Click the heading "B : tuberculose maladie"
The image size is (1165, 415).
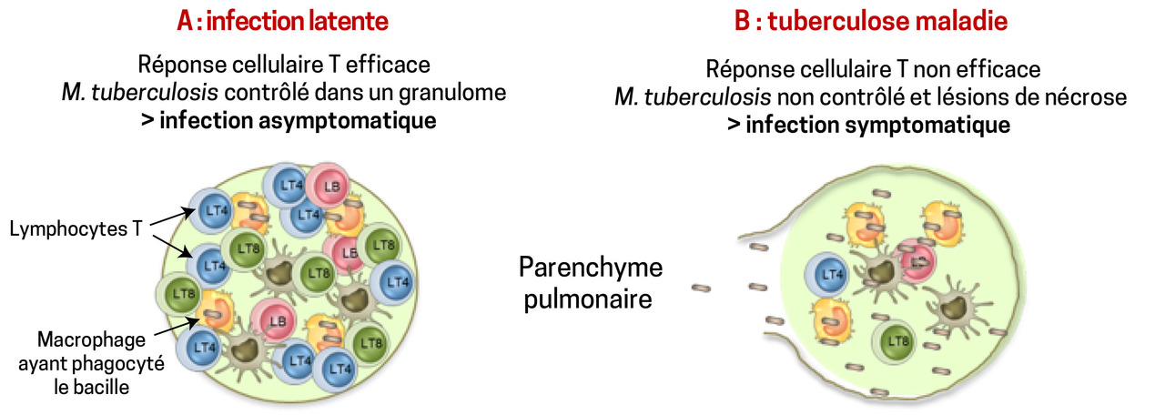pos(873,20)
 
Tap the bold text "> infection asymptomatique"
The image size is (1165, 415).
pos(289,119)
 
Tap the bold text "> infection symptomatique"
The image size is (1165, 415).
pos(868,124)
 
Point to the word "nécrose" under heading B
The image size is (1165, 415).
pos(1090,96)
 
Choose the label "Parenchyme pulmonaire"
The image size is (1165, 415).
pos(591,282)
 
